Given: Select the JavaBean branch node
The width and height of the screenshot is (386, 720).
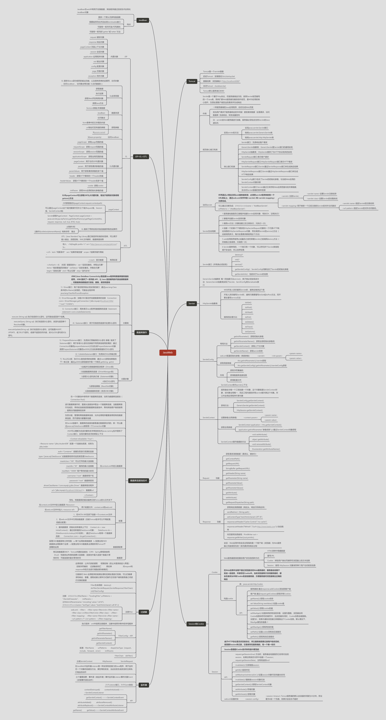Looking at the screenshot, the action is pyautogui.click(x=143, y=20).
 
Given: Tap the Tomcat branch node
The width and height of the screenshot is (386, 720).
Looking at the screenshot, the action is pyautogui.click(x=192, y=81).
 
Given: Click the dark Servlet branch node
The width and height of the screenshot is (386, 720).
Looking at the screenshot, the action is pyautogui.click(x=191, y=304).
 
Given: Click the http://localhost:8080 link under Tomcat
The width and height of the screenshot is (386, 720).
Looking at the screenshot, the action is pyautogui.click(x=231, y=81).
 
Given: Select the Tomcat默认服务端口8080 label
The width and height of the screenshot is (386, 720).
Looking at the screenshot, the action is pyautogui.click(x=214, y=91).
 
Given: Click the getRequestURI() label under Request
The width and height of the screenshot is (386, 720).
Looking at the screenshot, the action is pyautogui.click(x=232, y=464).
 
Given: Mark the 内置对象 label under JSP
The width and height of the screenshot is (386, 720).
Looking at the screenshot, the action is pyautogui.click(x=114, y=57).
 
